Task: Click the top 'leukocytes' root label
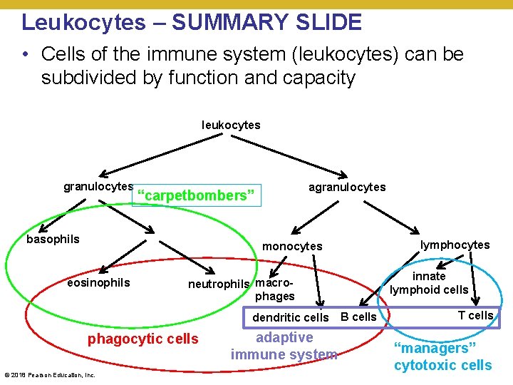(231, 125)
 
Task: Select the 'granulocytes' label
(98, 187)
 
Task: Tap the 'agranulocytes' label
(346, 187)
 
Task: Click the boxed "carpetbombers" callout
(196, 195)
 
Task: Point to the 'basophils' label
(53, 239)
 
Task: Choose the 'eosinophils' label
(98, 282)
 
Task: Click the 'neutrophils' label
(219, 284)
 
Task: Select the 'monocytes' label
(292, 246)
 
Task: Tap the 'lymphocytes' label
(455, 245)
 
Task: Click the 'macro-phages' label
(274, 289)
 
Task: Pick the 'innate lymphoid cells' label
(429, 282)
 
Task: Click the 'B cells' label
(358, 317)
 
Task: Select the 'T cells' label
(475, 315)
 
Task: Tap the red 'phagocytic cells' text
(142, 339)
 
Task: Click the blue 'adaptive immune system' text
(284, 346)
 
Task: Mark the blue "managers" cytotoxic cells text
(442, 356)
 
